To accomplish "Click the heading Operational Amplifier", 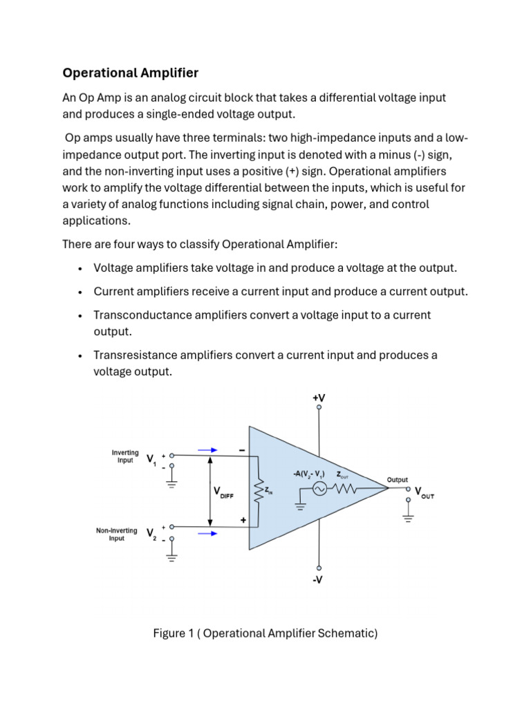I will [x=131, y=73].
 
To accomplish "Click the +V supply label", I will [x=319, y=398].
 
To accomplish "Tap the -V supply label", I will [x=317, y=580].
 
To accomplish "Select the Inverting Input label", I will [x=125, y=456].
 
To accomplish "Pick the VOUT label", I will [x=424, y=495].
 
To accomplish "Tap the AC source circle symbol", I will [x=319, y=489].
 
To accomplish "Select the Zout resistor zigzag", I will [x=344, y=489].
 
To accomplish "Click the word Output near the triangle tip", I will [x=397, y=479].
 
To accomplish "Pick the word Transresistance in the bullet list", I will [x=136, y=355].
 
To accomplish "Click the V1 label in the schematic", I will [x=151, y=458].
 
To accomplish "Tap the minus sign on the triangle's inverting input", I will [x=242, y=449].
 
